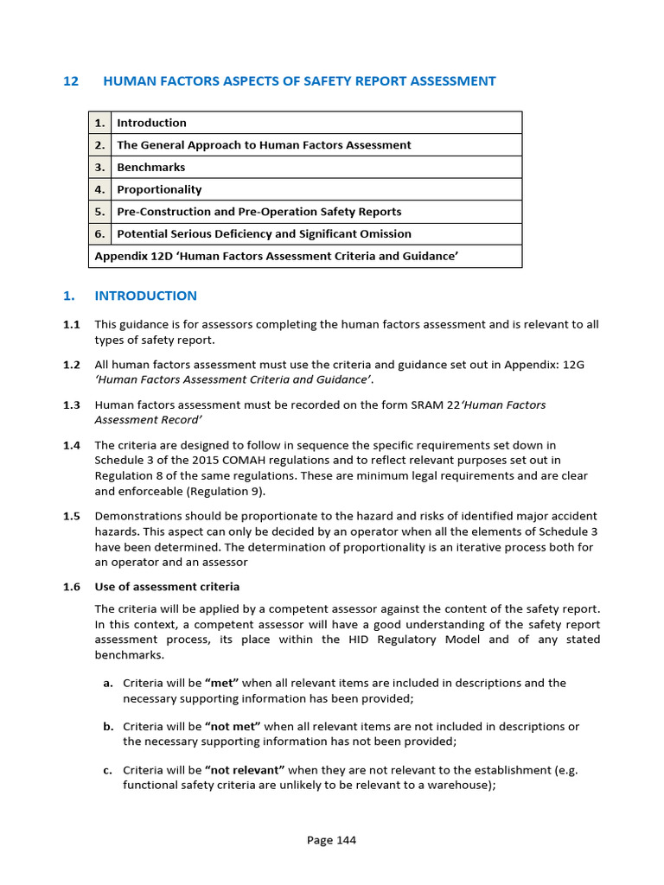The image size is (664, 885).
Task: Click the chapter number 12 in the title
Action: (71, 81)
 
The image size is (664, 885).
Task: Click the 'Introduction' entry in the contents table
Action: (151, 123)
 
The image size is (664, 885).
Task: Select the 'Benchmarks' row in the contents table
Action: (150, 168)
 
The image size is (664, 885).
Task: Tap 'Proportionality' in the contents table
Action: (159, 190)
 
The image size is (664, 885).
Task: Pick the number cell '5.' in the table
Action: (99, 212)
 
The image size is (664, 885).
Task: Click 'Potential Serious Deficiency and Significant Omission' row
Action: (264, 234)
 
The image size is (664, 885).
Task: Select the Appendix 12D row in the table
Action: (276, 257)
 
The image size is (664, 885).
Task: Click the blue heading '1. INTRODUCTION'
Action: (130, 296)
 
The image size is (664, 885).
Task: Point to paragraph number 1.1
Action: (71, 325)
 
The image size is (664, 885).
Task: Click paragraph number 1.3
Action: (71, 404)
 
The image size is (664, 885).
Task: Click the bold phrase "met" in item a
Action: (221, 683)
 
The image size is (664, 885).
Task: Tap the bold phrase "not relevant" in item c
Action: (245, 770)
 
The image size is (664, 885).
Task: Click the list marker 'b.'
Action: (108, 727)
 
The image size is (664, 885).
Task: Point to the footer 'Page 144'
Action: (331, 840)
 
